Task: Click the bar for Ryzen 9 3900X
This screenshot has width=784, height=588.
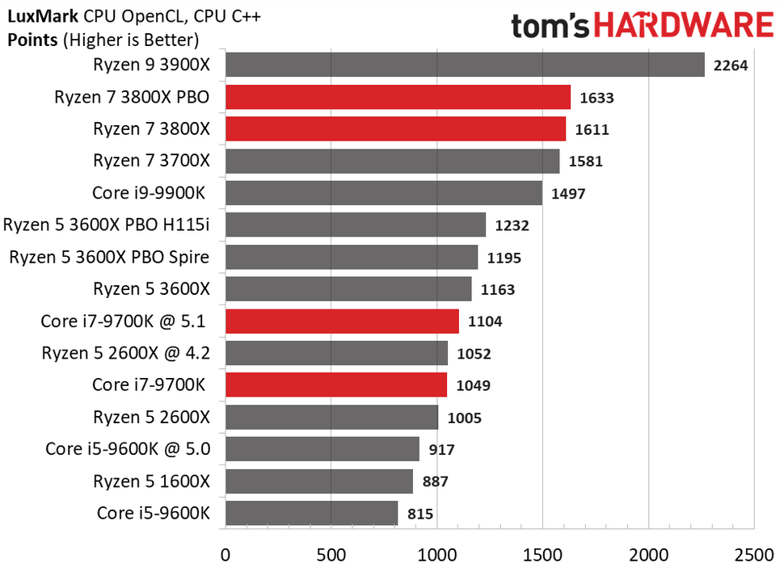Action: tap(465, 65)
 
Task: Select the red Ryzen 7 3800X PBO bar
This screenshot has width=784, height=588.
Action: tap(398, 97)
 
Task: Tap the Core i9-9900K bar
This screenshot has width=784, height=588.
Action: tap(383, 193)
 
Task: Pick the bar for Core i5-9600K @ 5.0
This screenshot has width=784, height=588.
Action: tap(322, 449)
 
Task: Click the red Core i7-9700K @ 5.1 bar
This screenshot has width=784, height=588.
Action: tap(342, 321)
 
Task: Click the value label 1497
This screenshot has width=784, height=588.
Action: tap(568, 194)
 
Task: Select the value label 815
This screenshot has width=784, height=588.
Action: tap(420, 514)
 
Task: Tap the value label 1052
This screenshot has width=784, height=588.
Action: tap(474, 353)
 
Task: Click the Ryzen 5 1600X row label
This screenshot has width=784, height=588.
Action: tap(151, 481)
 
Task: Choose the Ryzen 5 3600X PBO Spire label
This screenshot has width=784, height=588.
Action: tap(109, 257)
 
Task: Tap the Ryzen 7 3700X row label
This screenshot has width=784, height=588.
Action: tap(151, 161)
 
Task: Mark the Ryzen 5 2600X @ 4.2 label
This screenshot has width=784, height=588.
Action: tap(126, 353)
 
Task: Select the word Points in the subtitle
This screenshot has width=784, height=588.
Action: tap(31, 38)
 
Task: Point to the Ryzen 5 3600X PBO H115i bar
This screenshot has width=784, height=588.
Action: tap(355, 225)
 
